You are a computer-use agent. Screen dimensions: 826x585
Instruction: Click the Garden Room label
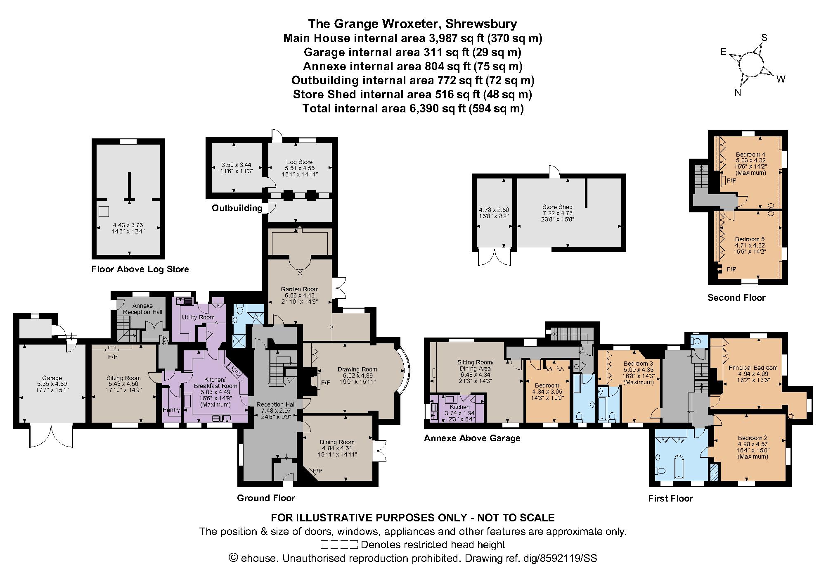pyautogui.click(x=300, y=289)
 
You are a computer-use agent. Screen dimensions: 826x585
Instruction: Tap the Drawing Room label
pyautogui.click(x=357, y=369)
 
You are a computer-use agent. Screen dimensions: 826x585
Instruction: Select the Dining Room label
pyautogui.click(x=337, y=442)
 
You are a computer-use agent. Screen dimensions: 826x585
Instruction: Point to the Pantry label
pyautogui.click(x=171, y=410)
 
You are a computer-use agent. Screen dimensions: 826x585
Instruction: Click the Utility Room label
pyautogui.click(x=198, y=317)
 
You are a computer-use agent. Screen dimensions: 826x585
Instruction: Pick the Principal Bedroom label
pyautogui.click(x=753, y=367)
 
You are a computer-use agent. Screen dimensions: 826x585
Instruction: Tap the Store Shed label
pyautogui.click(x=557, y=207)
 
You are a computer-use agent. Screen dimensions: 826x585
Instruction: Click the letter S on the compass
pyautogui.click(x=764, y=38)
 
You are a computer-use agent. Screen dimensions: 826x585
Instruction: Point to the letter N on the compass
pyautogui.click(x=738, y=93)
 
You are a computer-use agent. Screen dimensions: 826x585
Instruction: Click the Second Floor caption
pyautogui.click(x=736, y=297)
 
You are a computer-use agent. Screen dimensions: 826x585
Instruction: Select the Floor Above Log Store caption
pyautogui.click(x=140, y=269)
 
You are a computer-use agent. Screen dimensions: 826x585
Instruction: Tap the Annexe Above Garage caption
pyautogui.click(x=472, y=438)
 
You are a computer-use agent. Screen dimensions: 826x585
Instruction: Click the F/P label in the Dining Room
pyautogui.click(x=318, y=471)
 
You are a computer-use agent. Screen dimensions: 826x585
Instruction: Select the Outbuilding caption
pyautogui.click(x=237, y=208)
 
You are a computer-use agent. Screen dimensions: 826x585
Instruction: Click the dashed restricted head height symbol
pyautogui.click(x=339, y=545)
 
